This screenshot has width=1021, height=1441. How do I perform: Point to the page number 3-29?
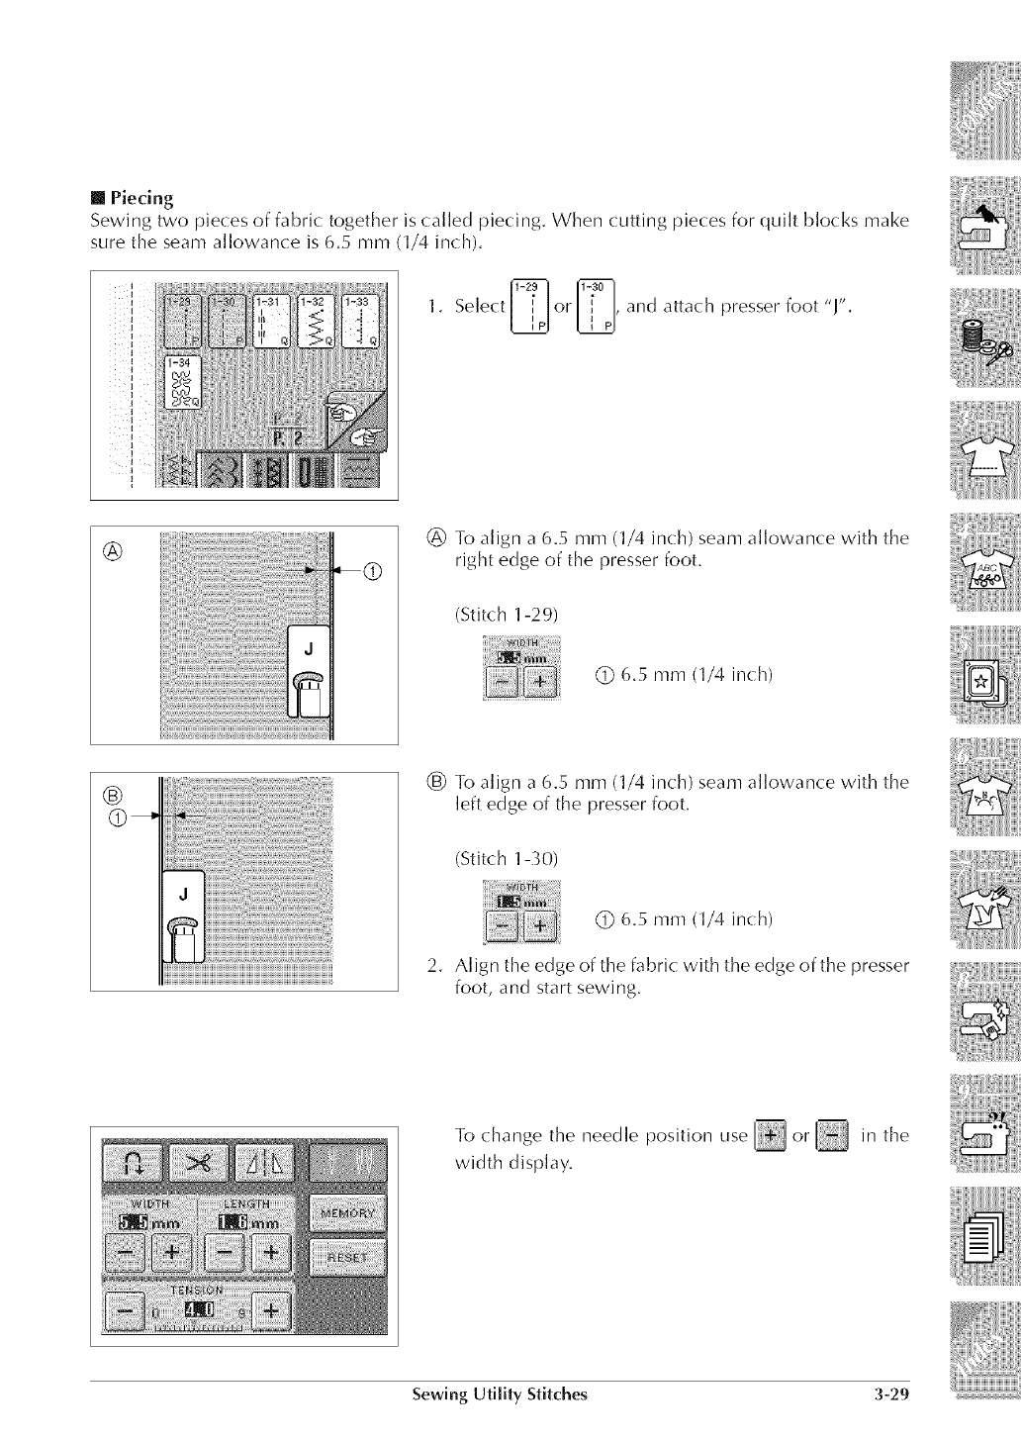point(890,1395)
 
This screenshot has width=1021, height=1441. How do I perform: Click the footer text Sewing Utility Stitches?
point(500,1395)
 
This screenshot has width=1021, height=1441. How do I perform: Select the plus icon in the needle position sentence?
point(770,1135)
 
